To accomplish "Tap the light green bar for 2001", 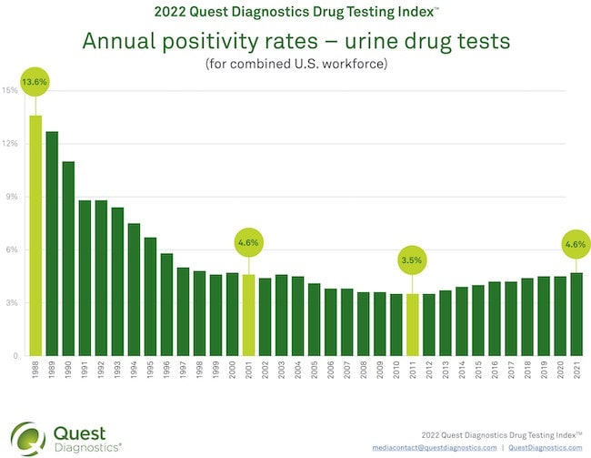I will (x=248, y=314).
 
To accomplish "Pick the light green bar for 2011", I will (x=412, y=324).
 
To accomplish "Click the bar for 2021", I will (x=576, y=314).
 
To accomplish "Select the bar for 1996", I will (x=166, y=304).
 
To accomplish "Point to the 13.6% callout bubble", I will (x=35, y=81).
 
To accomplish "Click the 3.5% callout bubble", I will (x=412, y=261).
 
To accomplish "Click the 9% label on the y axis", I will (x=11, y=197).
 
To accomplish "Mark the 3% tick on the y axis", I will (x=11, y=302).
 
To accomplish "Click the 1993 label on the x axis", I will (x=117, y=371).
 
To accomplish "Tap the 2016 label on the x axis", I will (x=494, y=371).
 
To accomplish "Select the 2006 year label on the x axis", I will (x=330, y=371).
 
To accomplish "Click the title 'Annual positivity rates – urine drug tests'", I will (x=295, y=43).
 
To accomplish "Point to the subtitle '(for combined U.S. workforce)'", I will (x=295, y=64).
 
